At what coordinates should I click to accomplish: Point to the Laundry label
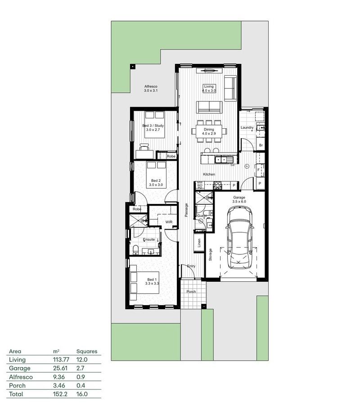(x=247, y=127)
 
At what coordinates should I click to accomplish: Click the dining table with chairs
(x=208, y=131)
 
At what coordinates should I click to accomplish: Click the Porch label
(x=192, y=291)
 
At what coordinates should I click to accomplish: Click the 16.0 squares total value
(x=82, y=394)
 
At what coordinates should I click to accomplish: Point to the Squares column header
(x=86, y=351)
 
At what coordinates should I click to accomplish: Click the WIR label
(x=169, y=222)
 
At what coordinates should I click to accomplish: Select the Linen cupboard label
(x=199, y=243)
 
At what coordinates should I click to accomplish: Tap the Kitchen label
(x=209, y=174)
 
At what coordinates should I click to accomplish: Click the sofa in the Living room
(x=209, y=107)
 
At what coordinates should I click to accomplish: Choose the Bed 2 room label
(x=156, y=183)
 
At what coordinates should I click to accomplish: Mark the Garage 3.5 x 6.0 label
(x=239, y=199)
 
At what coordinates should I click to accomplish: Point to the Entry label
(x=191, y=266)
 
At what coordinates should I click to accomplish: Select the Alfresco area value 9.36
(x=58, y=377)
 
